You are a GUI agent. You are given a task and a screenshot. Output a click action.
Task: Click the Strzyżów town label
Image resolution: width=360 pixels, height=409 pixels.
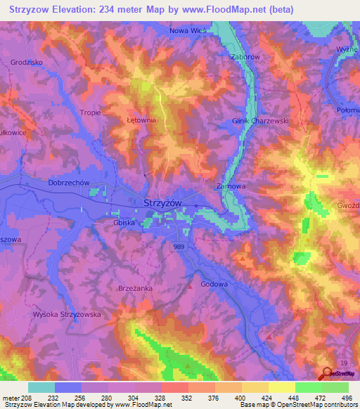(x=162, y=202)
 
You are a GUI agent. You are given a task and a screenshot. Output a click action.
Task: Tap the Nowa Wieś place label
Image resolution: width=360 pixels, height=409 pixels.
(x=190, y=31)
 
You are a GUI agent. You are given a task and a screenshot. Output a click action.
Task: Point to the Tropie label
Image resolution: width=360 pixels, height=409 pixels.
(x=91, y=112)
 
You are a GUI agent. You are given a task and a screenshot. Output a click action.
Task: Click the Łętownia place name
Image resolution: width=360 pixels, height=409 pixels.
(x=141, y=120)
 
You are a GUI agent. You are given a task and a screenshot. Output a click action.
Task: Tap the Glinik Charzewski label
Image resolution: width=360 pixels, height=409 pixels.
(x=260, y=121)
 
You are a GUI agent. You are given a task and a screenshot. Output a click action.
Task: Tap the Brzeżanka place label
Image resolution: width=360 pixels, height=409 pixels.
(x=134, y=288)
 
